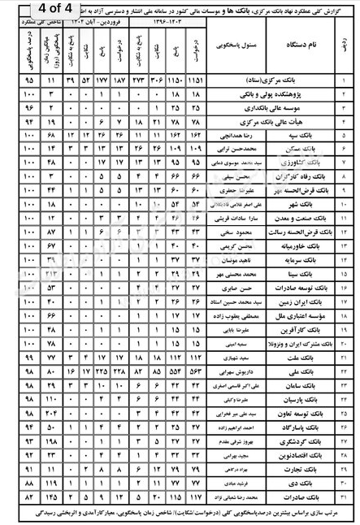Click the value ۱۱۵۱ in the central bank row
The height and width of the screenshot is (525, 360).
coord(195,83)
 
